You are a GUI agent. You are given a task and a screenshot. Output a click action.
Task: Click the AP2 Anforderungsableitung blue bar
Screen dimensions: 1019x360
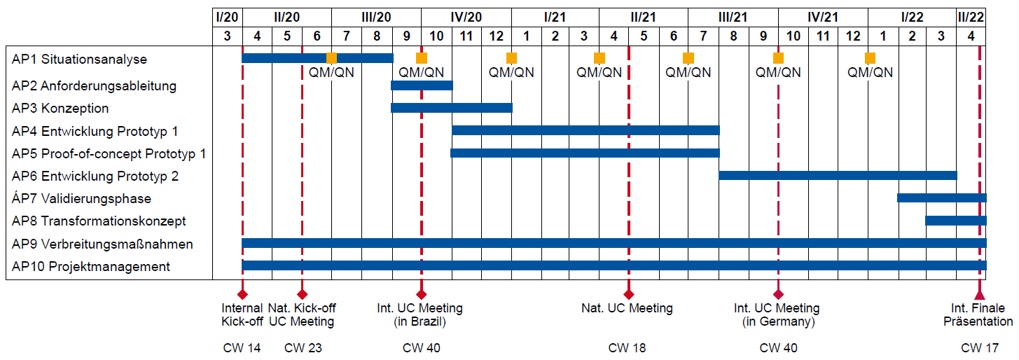tap(422, 85)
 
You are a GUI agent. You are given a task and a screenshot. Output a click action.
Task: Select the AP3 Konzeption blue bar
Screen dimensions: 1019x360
tap(452, 108)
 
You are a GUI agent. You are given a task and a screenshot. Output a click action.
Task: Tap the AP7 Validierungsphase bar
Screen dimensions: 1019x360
tap(942, 198)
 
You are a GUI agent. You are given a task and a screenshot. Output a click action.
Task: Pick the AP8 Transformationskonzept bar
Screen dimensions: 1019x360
tap(956, 221)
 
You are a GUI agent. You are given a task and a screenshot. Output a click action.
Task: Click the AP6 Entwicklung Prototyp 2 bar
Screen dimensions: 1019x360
tap(838, 175)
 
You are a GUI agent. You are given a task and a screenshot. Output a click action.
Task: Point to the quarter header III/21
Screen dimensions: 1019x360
tap(733, 18)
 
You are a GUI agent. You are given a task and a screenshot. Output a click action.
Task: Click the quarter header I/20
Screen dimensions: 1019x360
tap(227, 18)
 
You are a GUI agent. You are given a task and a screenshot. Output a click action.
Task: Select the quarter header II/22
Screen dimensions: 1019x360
tap(971, 18)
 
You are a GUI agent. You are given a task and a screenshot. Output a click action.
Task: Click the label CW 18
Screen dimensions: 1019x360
tap(627, 347)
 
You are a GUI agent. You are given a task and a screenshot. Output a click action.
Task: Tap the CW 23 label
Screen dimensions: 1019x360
tap(303, 347)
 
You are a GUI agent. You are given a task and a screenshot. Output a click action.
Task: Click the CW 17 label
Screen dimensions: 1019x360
tap(979, 347)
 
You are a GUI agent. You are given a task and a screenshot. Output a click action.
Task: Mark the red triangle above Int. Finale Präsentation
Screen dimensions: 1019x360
tap(980, 294)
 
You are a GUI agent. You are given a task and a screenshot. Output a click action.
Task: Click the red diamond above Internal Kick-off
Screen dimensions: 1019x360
tap(242, 294)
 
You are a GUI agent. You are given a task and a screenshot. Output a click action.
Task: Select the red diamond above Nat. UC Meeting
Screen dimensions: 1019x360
tap(629, 294)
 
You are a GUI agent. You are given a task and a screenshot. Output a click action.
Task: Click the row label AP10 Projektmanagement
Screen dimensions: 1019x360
tap(90, 266)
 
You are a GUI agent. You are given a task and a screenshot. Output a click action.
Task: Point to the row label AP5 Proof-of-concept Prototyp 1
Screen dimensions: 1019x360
tap(109, 154)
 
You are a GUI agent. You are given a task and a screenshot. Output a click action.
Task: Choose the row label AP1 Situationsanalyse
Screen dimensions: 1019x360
tap(79, 59)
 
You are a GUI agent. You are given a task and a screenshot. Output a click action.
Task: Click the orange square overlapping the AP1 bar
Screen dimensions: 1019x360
tap(332, 58)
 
